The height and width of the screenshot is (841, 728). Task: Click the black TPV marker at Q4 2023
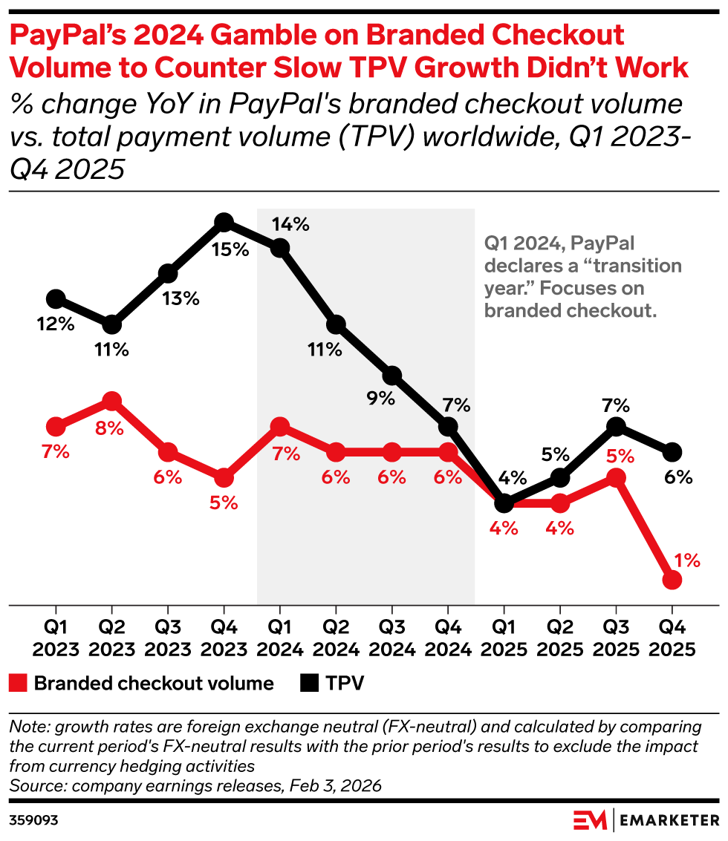tap(224, 222)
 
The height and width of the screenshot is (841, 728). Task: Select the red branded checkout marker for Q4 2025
tap(672, 580)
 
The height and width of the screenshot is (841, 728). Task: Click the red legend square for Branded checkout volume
tap(19, 683)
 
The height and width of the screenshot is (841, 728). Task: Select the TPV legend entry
tap(334, 683)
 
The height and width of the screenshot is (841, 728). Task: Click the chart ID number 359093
tap(33, 820)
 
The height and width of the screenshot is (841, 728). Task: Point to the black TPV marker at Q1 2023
tap(56, 299)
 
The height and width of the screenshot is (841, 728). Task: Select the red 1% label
tap(687, 560)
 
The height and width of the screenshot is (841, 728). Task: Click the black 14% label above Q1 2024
tap(291, 224)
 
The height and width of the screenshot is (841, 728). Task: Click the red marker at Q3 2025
tap(615, 478)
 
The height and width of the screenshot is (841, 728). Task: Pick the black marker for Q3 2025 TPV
tap(615, 426)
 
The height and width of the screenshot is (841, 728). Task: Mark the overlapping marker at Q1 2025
tap(504, 503)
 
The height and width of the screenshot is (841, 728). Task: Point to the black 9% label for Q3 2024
tap(381, 399)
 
